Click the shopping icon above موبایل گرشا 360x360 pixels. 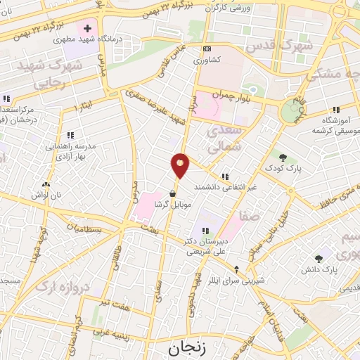tap(173, 195)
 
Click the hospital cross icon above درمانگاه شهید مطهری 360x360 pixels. tap(86, 28)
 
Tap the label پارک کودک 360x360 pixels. tap(282, 169)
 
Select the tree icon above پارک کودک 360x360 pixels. tap(282, 157)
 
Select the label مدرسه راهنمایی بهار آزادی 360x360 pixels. tap(70, 148)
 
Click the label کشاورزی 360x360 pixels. tap(206, 60)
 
